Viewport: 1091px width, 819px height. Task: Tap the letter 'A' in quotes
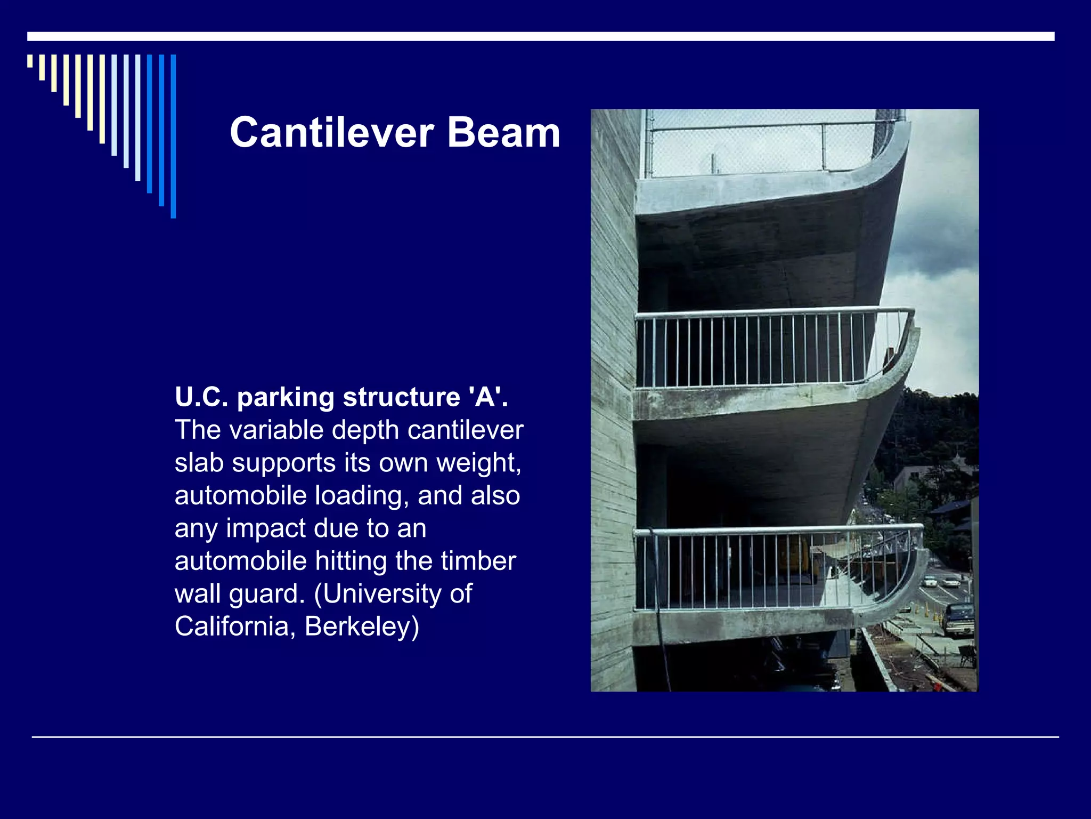click(x=485, y=397)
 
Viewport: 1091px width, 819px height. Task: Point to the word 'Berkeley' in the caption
click(x=362, y=626)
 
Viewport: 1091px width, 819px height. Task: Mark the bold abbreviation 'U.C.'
click(x=201, y=397)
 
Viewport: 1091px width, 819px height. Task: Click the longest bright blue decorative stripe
click(x=173, y=136)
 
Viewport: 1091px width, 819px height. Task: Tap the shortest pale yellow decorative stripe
click(x=30, y=61)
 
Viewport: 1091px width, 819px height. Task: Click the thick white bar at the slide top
click(x=541, y=36)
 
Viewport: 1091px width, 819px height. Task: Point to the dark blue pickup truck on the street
click(x=958, y=620)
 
